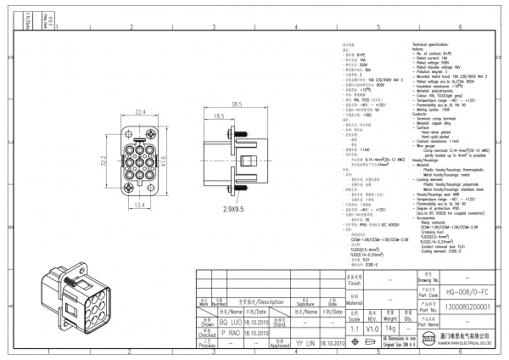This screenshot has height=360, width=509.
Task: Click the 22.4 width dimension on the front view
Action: (x=141, y=111)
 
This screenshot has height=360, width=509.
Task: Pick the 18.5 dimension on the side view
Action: (x=219, y=116)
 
